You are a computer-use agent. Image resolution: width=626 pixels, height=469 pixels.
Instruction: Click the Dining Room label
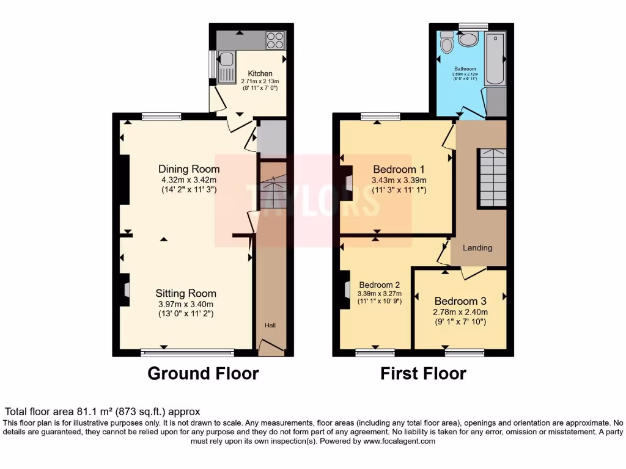click(189, 169)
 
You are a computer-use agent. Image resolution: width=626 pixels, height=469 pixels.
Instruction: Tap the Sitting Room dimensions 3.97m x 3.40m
click(185, 304)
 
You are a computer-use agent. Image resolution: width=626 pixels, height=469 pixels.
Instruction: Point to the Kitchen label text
click(260, 73)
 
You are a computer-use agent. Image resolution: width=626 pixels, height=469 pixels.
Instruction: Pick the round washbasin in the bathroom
click(469, 40)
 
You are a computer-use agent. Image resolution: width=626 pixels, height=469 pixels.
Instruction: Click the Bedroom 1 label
click(399, 169)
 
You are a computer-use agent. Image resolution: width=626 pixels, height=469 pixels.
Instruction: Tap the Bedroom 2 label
click(380, 285)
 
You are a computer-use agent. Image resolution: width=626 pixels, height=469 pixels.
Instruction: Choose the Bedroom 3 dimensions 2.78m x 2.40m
click(460, 312)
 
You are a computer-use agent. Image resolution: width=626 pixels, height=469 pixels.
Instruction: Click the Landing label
click(477, 248)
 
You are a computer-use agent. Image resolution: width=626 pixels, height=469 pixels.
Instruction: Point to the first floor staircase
click(492, 178)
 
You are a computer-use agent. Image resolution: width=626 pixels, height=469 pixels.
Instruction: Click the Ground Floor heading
click(203, 373)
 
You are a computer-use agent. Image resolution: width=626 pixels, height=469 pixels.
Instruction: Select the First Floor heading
click(423, 373)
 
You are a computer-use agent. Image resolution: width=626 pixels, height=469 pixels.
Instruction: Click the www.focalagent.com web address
click(399, 441)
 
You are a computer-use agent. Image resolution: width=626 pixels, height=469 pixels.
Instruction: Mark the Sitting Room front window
click(187, 352)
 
